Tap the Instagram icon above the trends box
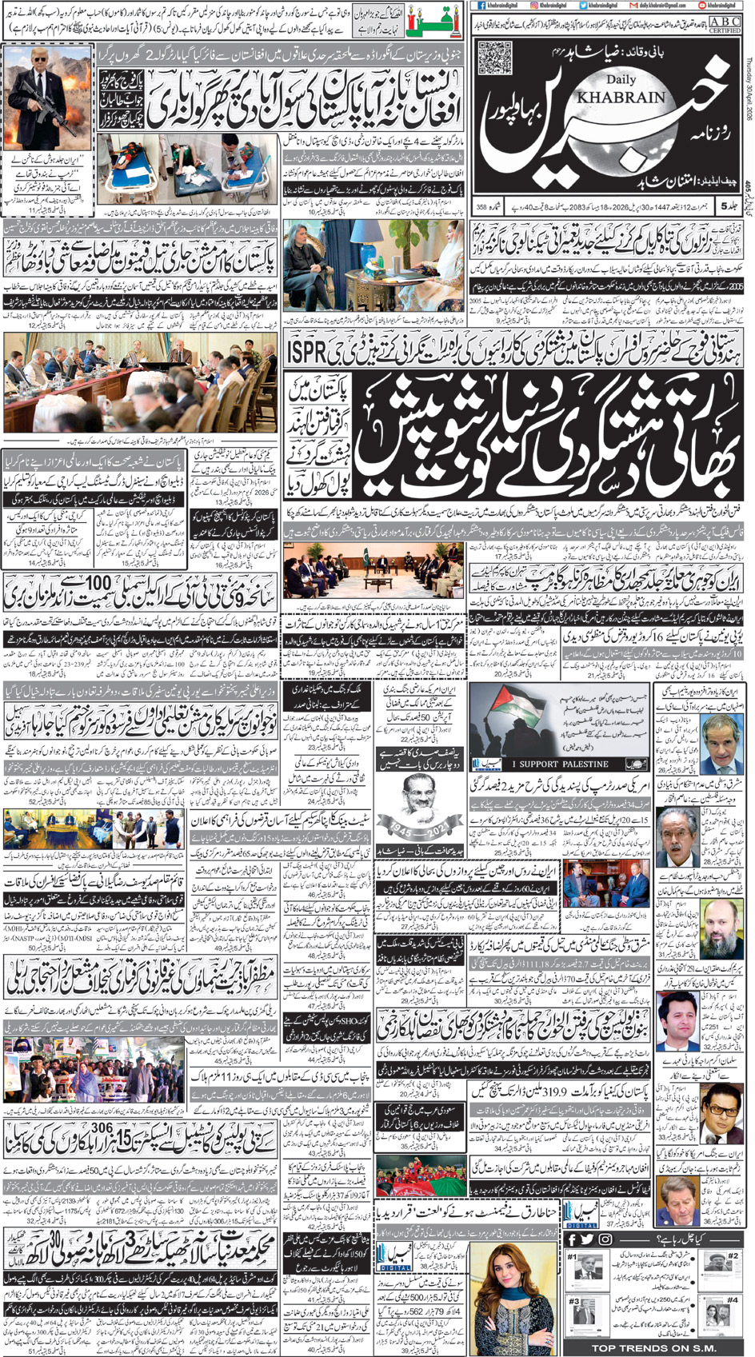[605, 1239]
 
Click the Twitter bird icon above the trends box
[588, 1239]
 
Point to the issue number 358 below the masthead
[482, 207]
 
